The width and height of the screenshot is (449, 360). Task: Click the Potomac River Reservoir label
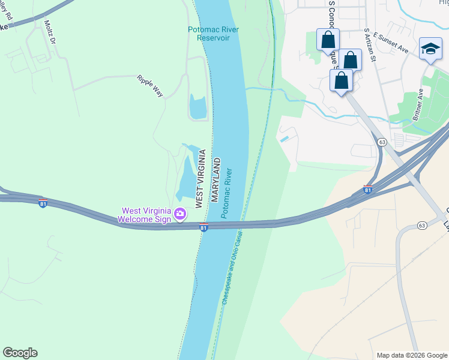tap(209, 33)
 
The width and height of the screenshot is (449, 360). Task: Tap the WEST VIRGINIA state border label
tap(200, 179)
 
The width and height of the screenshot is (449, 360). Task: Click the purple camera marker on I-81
tap(179, 214)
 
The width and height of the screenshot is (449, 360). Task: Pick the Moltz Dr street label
tap(50, 33)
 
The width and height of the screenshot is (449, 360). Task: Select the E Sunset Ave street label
tap(390, 44)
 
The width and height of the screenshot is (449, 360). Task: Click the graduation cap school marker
tap(430, 49)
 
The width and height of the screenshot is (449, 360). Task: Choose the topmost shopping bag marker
tap(328, 40)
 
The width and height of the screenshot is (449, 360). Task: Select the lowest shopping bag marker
tap(341, 80)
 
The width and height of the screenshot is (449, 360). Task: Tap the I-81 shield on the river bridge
tap(203, 227)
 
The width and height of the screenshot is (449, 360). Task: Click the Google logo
tap(20, 353)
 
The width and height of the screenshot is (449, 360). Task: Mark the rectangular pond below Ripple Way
tap(198, 106)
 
